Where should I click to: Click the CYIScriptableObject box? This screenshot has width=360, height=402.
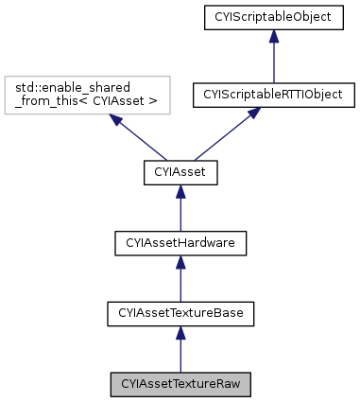tap(273, 17)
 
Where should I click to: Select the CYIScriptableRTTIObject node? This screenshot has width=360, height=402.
tap(273, 95)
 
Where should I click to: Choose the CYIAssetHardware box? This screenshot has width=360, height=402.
tap(180, 243)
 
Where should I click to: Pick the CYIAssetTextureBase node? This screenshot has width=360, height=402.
tap(180, 313)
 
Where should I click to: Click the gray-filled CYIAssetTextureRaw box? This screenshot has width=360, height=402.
tap(180, 385)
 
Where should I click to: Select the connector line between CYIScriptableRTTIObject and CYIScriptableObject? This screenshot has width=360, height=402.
tap(273, 61)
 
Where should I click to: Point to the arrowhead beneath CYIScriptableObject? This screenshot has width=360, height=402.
tap(273, 36)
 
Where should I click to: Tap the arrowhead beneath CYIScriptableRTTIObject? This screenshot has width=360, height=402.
tap(252, 113)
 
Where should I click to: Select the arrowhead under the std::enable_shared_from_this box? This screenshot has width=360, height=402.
tap(112, 120)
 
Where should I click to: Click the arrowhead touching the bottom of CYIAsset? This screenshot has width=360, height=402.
tap(180, 190)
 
